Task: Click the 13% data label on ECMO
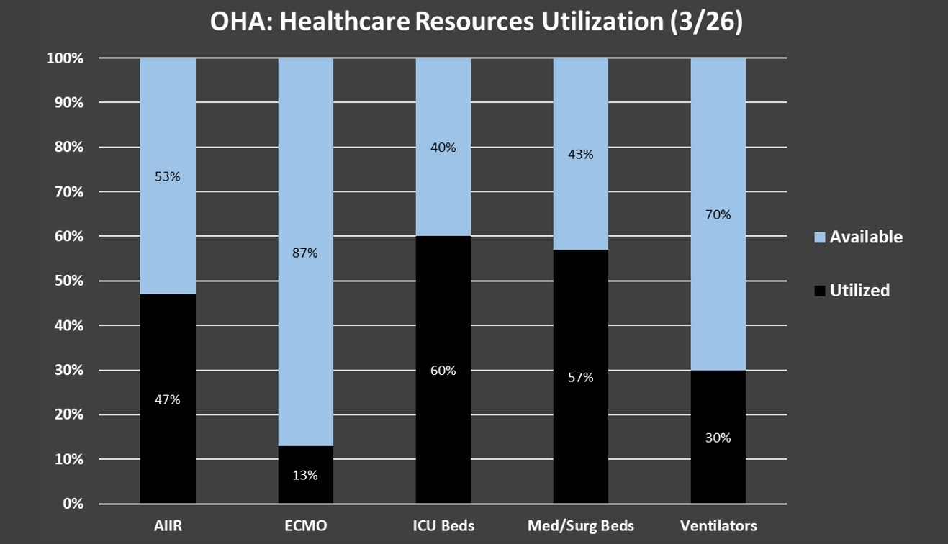click(x=305, y=475)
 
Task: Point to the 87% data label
click(x=305, y=253)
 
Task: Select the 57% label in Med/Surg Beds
click(x=580, y=377)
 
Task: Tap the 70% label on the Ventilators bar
click(x=718, y=214)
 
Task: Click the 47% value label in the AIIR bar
click(x=168, y=399)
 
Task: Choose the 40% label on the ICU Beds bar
click(x=443, y=148)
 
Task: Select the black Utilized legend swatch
click(x=818, y=291)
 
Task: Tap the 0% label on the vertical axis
click(x=73, y=504)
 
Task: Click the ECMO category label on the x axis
click(x=305, y=526)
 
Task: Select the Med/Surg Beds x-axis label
click(x=580, y=526)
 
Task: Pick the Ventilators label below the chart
click(x=718, y=526)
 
